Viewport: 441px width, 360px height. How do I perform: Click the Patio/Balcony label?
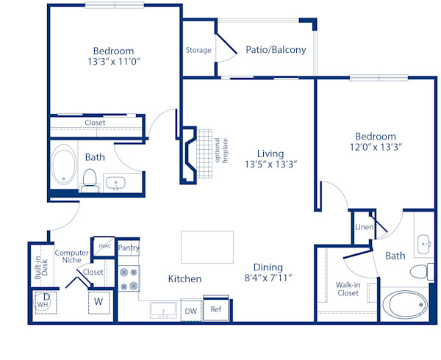click(x=276, y=50)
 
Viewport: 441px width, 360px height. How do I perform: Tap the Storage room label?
click(x=198, y=50)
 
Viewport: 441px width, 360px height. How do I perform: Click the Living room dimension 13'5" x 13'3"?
click(x=270, y=165)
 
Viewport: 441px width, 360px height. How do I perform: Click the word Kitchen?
click(x=184, y=279)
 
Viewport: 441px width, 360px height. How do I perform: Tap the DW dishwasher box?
click(x=190, y=311)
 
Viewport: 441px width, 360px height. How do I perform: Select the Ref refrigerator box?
click(x=215, y=309)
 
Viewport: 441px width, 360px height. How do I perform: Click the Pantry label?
click(x=129, y=248)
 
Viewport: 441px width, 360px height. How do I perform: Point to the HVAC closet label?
click(x=104, y=245)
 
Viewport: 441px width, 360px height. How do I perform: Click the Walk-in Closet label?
click(x=348, y=289)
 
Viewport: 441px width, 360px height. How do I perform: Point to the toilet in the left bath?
click(x=90, y=179)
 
